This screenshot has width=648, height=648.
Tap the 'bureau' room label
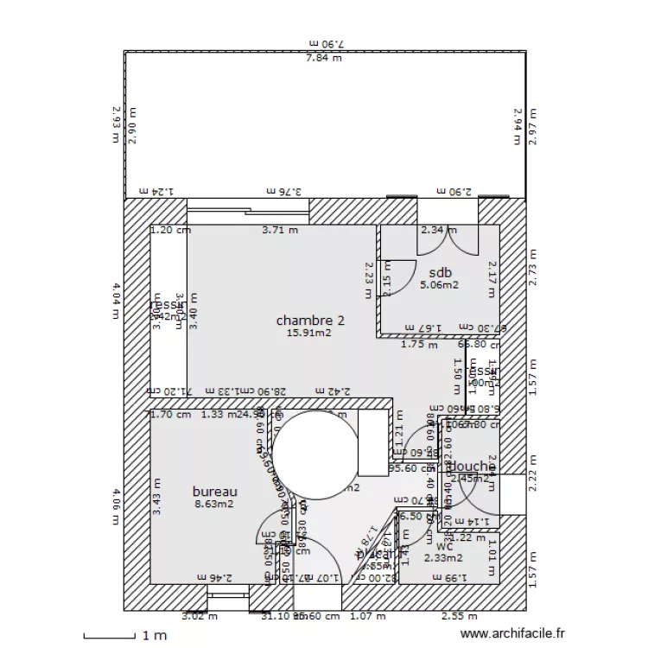tap(214, 492)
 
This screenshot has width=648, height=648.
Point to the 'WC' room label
tap(445, 546)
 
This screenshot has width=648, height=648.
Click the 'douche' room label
tap(471, 467)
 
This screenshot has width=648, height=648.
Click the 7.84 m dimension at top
tap(323, 58)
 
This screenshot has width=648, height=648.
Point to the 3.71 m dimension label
tap(280, 231)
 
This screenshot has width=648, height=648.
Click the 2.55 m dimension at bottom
tap(459, 616)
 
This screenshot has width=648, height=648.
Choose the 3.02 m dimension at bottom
tap(200, 616)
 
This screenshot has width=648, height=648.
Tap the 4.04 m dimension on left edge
tap(117, 300)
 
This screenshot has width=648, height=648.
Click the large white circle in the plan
tap(314, 454)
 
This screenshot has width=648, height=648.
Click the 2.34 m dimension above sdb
tap(438, 231)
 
